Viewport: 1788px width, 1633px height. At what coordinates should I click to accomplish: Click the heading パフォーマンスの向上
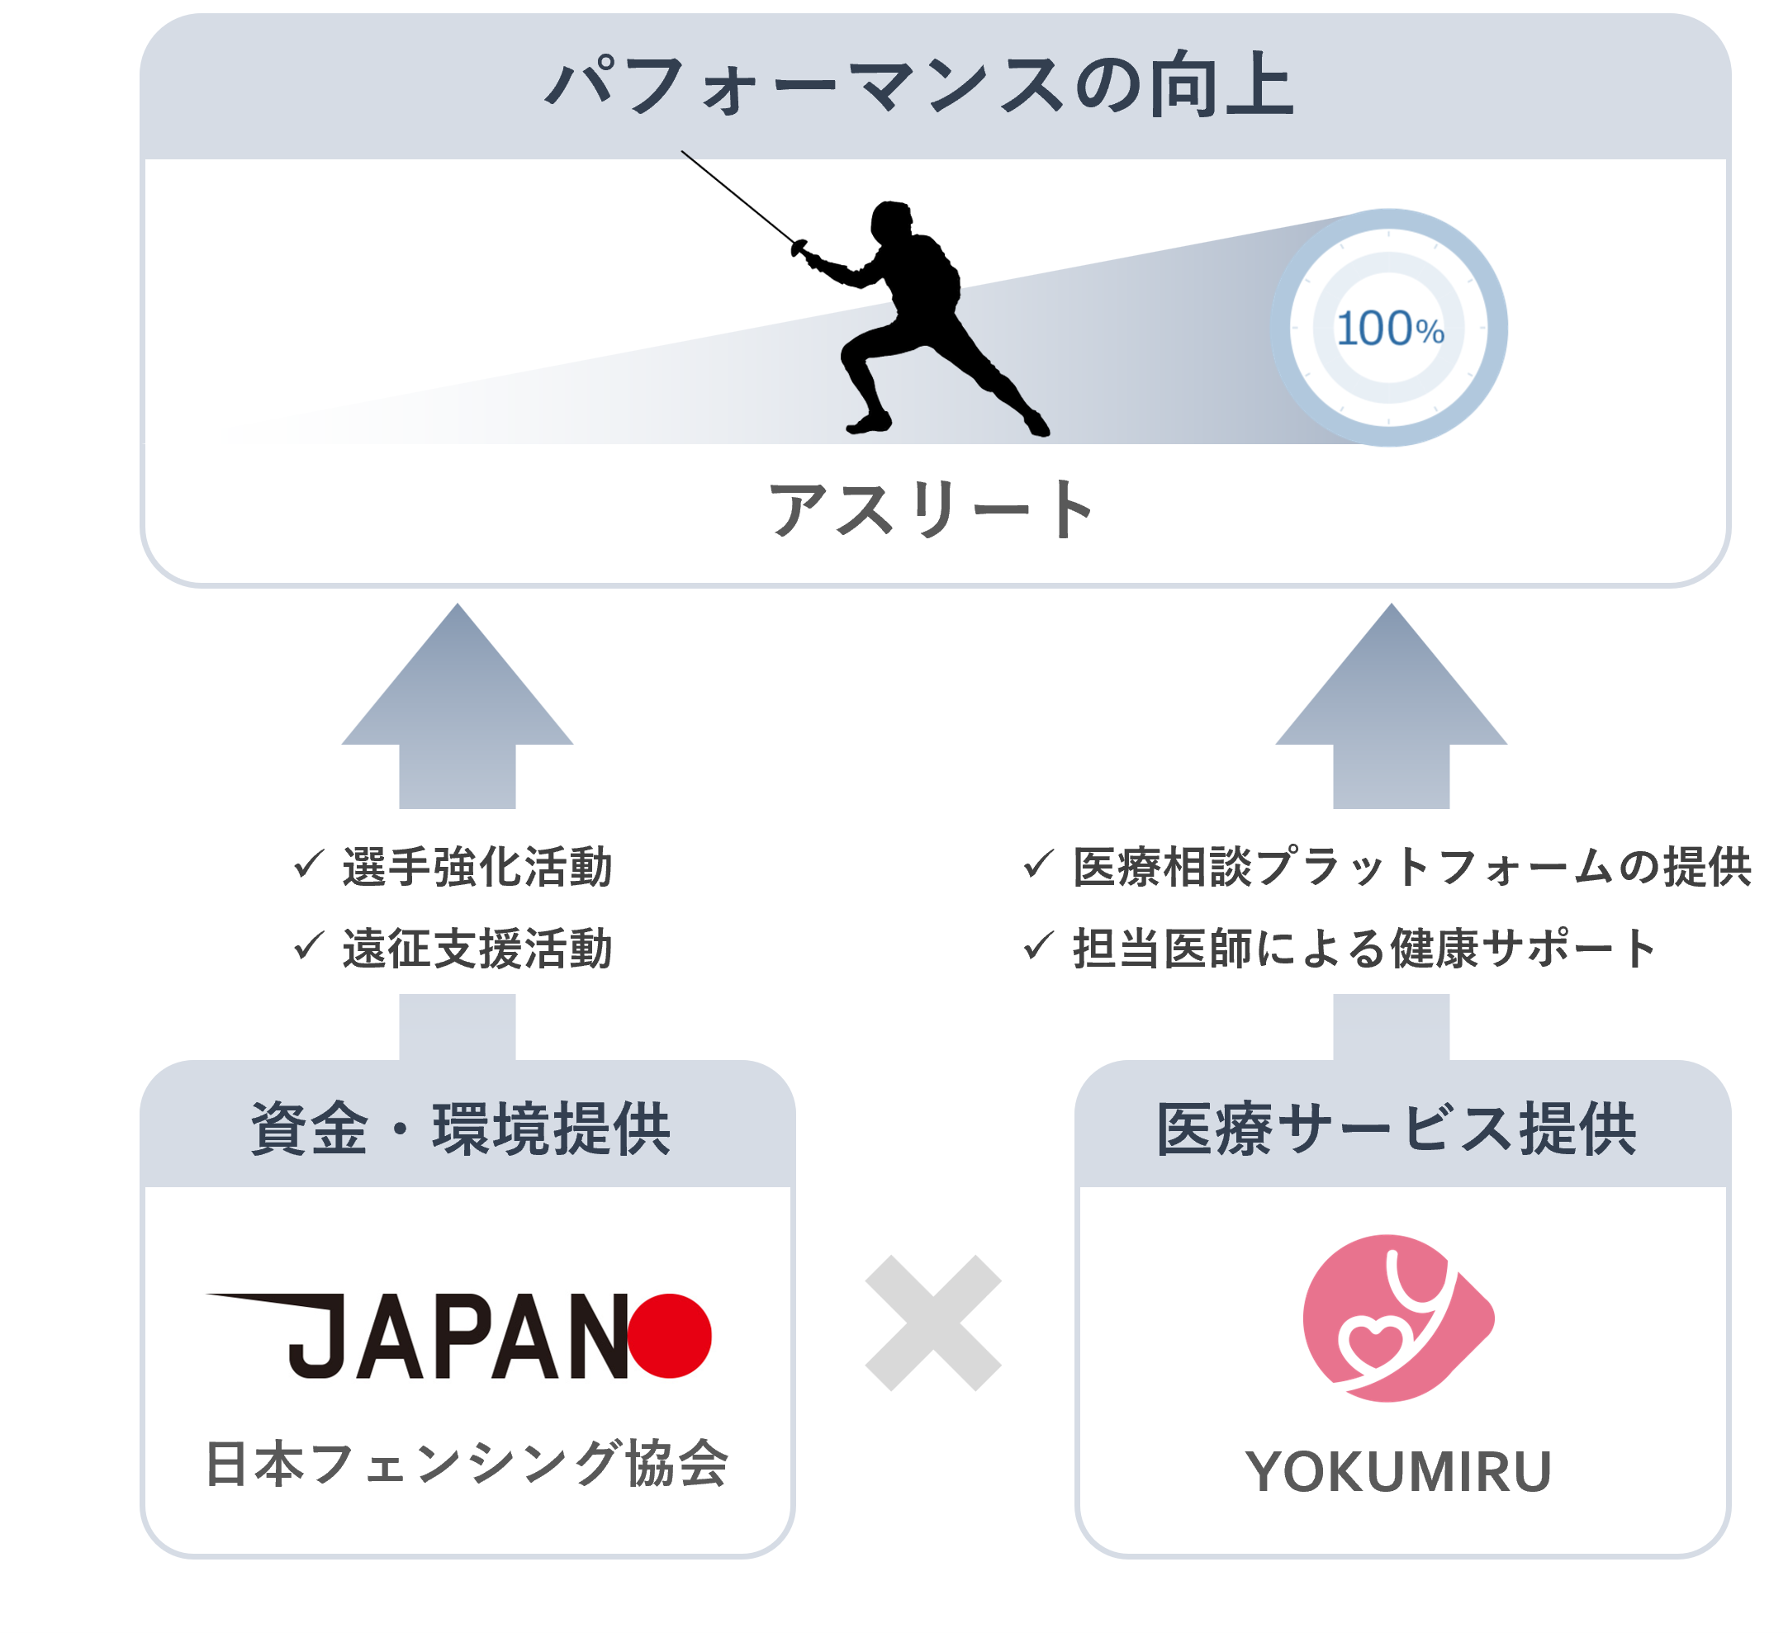[921, 86]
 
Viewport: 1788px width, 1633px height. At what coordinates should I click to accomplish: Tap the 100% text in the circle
[1390, 329]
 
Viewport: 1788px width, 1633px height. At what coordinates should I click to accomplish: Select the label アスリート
[933, 509]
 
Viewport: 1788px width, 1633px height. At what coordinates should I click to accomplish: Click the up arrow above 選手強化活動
[458, 709]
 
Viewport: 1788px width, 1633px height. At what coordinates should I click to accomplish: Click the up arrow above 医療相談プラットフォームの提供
[1391, 709]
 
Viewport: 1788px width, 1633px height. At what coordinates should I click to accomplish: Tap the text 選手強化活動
[477, 867]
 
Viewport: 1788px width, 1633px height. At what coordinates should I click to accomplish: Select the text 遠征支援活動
[477, 949]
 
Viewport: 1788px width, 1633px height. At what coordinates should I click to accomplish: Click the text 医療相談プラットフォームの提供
[1412, 867]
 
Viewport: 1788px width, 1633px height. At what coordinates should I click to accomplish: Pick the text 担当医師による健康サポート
[1364, 949]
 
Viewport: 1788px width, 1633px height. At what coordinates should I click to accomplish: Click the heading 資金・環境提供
[461, 1129]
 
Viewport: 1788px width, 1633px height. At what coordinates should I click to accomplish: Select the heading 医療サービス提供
[1397, 1129]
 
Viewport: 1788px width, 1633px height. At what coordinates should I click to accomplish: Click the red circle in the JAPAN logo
[670, 1336]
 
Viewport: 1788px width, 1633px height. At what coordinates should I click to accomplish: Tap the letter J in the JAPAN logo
[317, 1336]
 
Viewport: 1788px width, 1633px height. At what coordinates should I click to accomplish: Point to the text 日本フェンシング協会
[467, 1465]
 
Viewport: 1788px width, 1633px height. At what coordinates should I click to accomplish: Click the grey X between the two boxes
[933, 1323]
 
